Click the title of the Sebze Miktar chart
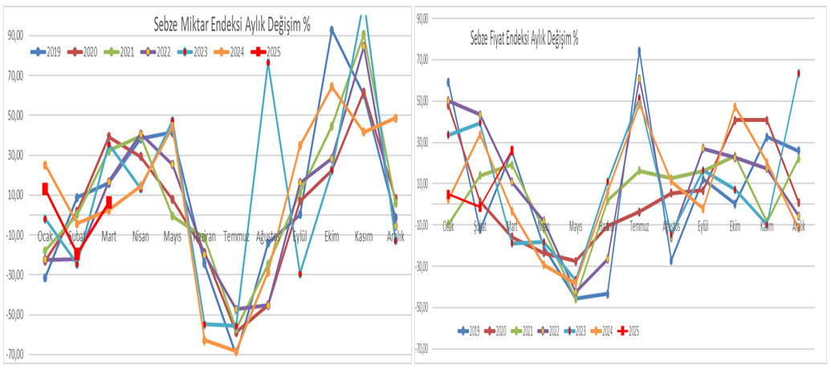pyautogui.click(x=232, y=25)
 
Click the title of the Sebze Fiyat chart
pyautogui.click(x=523, y=38)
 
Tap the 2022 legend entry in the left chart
pyautogui.click(x=158, y=52)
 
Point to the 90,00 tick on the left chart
pyautogui.click(x=15, y=35)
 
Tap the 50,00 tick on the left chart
pyautogui.click(x=15, y=116)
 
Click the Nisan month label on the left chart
pyautogui.click(x=141, y=236)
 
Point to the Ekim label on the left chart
pyautogui.click(x=331, y=236)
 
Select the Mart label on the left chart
pyautogui.click(x=108, y=236)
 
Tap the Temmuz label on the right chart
pyautogui.click(x=639, y=226)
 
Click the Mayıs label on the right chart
pyautogui.click(x=575, y=226)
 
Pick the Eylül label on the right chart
pyautogui.click(x=703, y=226)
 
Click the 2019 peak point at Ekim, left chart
pyautogui.click(x=332, y=30)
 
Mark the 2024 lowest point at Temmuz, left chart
pyautogui.click(x=236, y=351)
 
